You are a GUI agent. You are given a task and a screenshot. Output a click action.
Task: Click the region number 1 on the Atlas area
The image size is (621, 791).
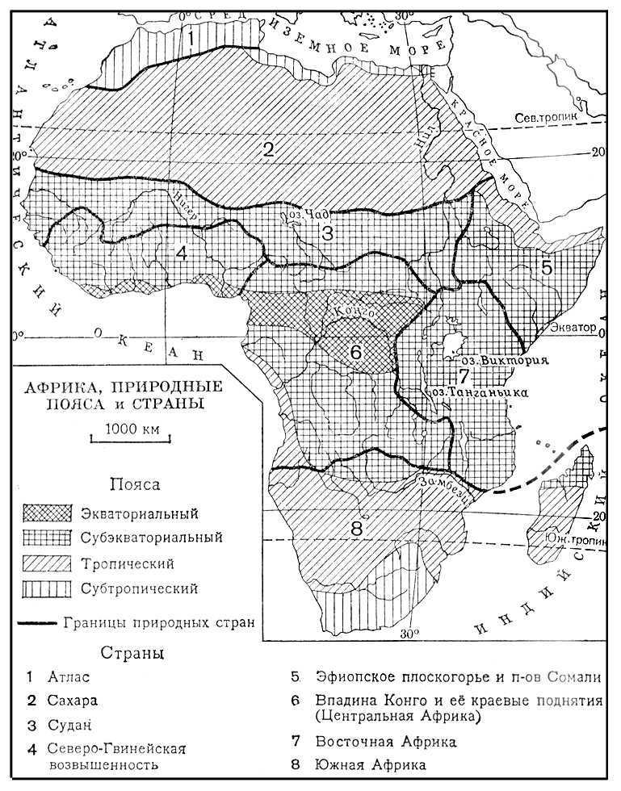click(x=191, y=37)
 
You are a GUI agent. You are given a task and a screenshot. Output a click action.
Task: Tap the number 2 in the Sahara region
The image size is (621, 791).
click(x=269, y=148)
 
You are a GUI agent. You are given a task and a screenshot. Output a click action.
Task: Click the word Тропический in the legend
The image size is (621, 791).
click(x=127, y=563)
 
